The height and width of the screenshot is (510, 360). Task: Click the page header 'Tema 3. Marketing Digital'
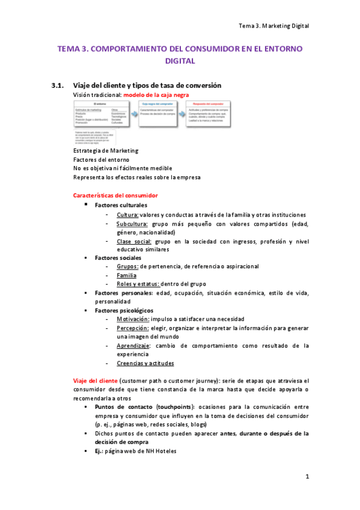[273, 25]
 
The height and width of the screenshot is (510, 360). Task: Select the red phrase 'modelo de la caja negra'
[157, 95]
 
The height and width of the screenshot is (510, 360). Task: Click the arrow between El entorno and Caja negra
[131, 114]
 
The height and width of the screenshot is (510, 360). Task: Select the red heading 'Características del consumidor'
[115, 195]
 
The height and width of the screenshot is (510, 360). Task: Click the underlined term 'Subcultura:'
[133, 224]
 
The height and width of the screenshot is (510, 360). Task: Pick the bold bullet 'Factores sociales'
[118, 258]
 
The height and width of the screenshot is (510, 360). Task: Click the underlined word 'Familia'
[126, 275]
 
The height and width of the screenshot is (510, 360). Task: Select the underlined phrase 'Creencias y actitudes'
[145, 363]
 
